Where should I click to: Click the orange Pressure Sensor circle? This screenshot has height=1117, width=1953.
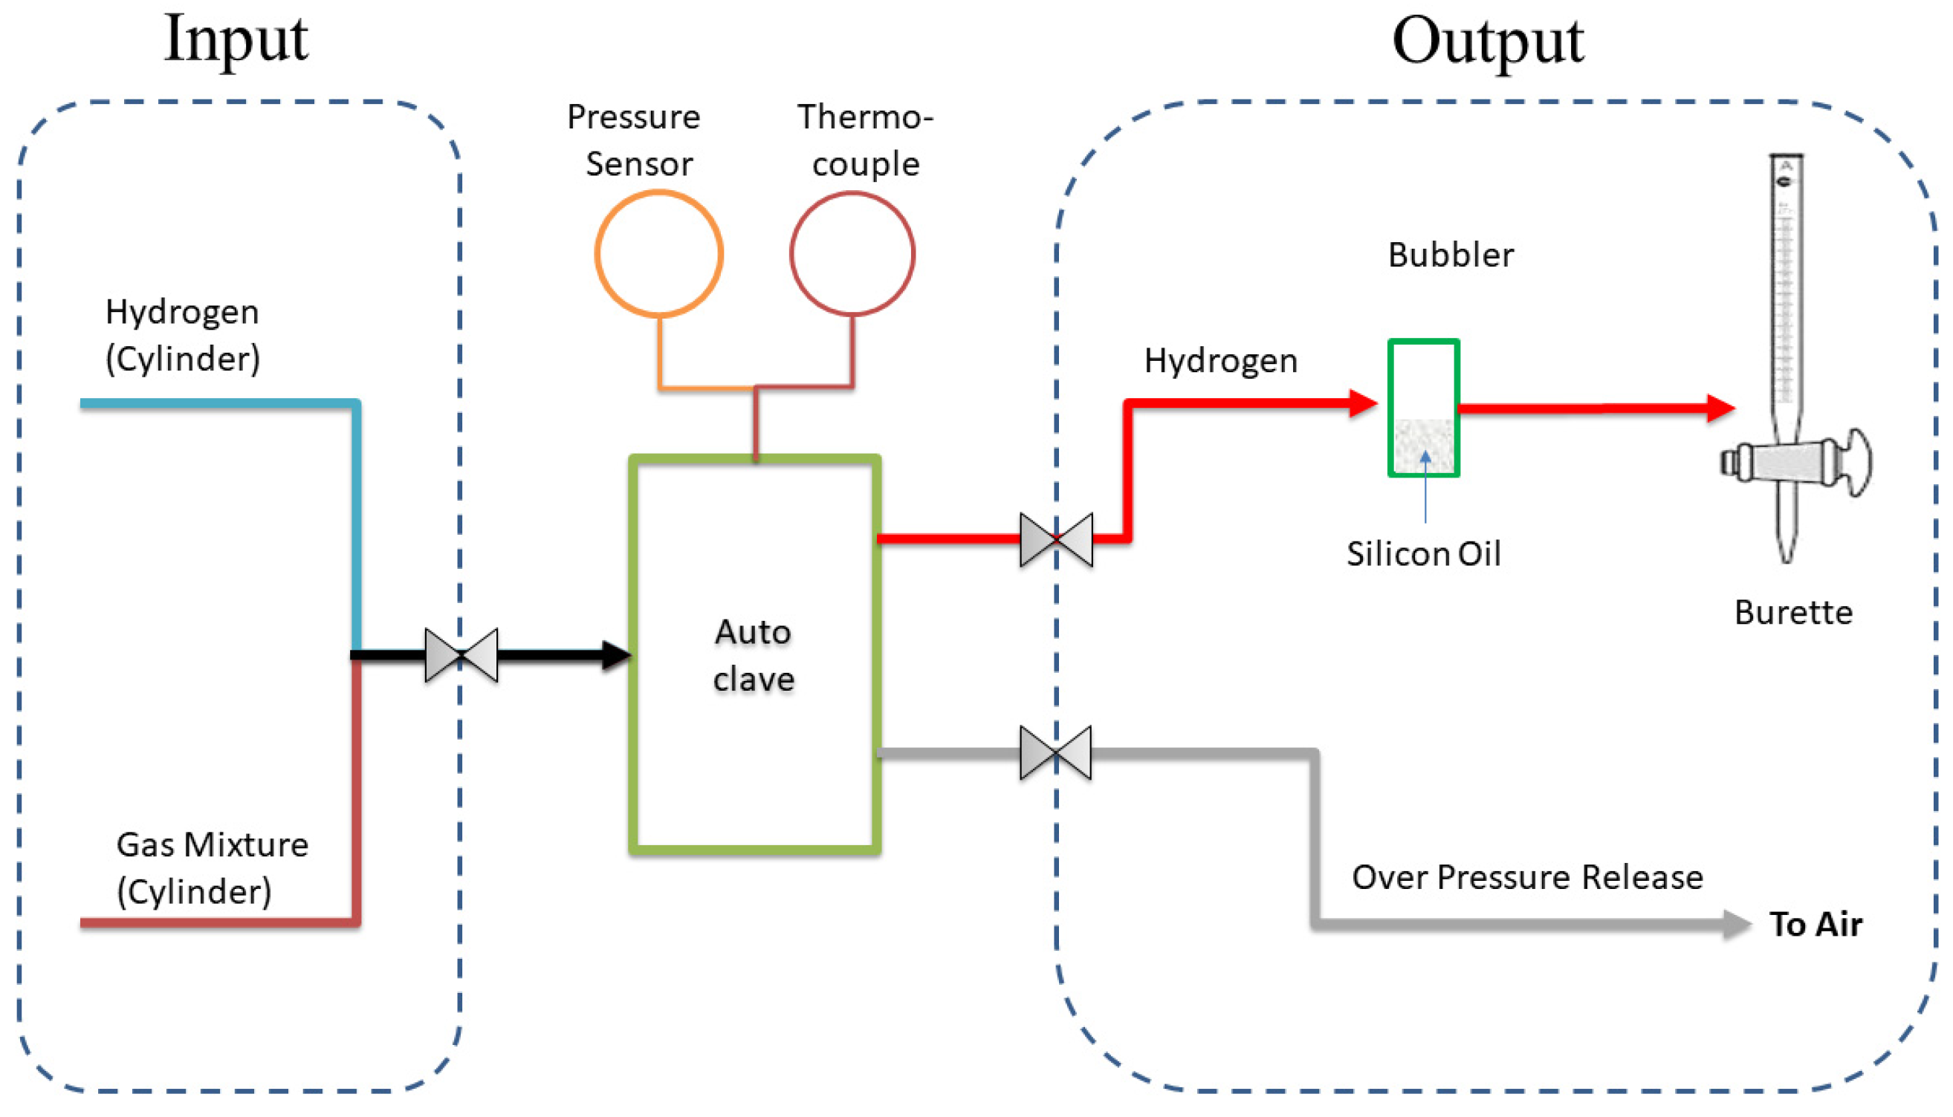(x=658, y=254)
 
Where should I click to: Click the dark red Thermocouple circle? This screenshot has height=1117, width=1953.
(x=852, y=254)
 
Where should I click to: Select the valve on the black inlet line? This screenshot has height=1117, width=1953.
(x=461, y=655)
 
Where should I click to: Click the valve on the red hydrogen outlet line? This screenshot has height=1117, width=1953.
(x=1056, y=540)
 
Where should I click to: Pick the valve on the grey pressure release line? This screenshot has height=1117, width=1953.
(x=1056, y=753)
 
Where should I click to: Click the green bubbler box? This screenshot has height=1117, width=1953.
(x=1423, y=408)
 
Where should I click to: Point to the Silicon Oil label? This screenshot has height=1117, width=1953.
(x=1423, y=554)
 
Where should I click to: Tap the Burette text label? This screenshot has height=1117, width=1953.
(x=1793, y=613)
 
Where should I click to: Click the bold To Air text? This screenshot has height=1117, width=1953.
(x=1816, y=925)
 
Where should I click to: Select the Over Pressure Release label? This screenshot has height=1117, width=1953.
(x=1527, y=877)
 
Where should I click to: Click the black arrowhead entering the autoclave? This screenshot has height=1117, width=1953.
(x=616, y=655)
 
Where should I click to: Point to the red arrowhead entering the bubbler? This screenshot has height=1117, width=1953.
(x=1363, y=403)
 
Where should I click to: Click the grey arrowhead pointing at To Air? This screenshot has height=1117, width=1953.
(x=1736, y=925)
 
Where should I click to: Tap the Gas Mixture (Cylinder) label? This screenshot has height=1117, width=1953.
(x=212, y=867)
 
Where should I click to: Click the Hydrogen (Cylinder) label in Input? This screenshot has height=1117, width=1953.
(x=183, y=335)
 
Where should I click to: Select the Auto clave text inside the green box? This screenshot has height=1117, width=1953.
(x=754, y=656)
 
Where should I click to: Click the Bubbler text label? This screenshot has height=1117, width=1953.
(x=1451, y=255)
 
